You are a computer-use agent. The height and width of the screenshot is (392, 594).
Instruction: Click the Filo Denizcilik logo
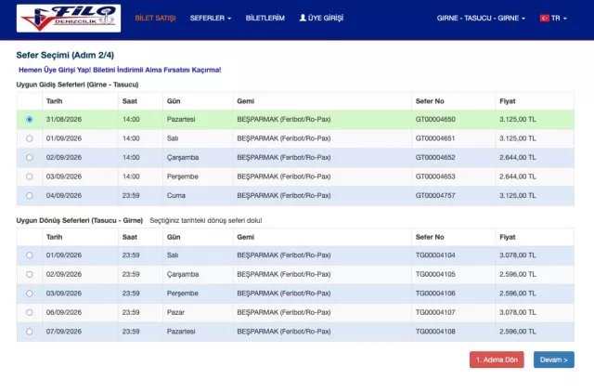tap(69, 19)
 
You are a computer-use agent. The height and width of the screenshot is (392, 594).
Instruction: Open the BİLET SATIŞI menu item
tap(155, 19)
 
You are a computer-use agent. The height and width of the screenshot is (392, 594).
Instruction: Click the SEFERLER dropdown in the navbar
tap(211, 19)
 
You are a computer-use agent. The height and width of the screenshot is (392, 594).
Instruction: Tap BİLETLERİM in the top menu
tap(265, 18)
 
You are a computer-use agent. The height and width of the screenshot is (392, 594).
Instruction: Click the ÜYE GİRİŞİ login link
tap(321, 18)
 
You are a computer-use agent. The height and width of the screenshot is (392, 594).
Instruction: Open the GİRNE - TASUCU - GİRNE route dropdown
tap(481, 19)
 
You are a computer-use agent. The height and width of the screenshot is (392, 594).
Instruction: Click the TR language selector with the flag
tap(553, 19)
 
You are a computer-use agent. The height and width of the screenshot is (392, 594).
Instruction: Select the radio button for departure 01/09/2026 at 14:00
tap(29, 138)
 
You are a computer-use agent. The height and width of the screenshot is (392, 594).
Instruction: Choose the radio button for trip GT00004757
tap(29, 196)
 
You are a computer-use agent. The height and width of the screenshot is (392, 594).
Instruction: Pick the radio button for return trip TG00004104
tap(29, 255)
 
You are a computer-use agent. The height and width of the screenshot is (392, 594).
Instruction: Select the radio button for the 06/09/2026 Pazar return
tap(29, 313)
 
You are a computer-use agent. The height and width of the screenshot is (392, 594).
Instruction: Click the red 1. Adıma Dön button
tap(497, 359)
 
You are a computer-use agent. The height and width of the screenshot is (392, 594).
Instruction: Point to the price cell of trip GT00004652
tap(518, 157)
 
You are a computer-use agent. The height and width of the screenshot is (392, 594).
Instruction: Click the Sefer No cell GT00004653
tap(435, 176)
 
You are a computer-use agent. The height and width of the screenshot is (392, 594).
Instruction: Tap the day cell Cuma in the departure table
tap(176, 196)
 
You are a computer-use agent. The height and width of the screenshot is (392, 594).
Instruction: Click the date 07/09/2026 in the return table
tap(64, 332)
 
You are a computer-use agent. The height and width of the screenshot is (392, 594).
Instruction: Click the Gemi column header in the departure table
tap(245, 101)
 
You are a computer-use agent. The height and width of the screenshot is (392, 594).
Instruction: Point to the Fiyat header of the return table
tap(508, 237)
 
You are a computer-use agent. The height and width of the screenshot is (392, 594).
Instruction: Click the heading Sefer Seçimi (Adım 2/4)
tap(65, 55)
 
